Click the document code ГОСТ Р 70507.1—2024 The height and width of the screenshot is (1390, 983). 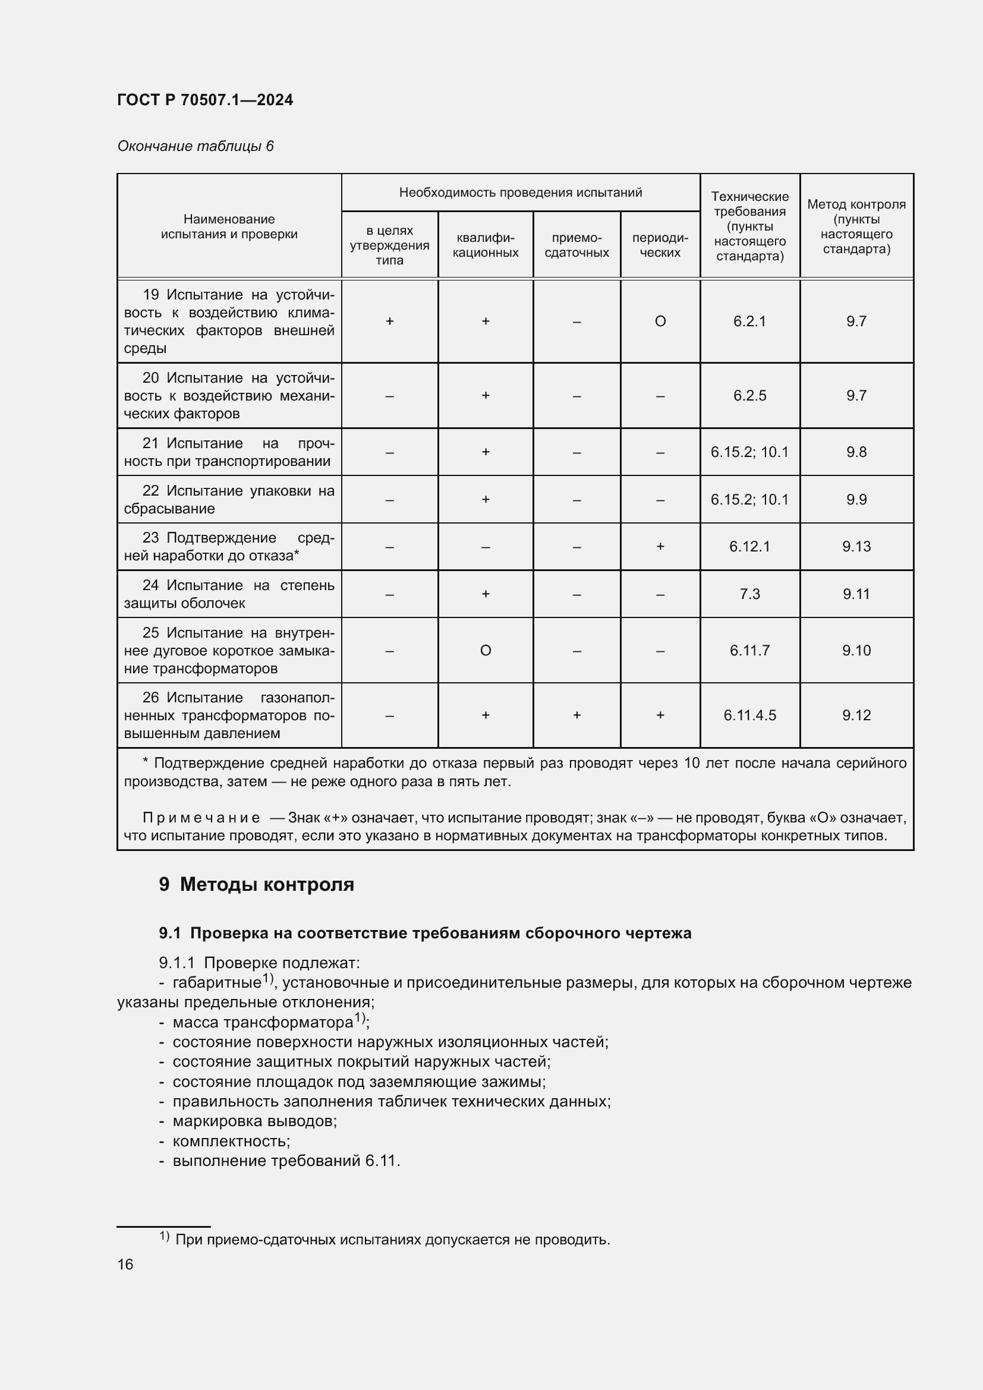pos(204,100)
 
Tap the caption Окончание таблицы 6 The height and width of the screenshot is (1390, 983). pos(195,146)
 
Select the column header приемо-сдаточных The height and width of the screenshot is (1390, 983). pos(576,245)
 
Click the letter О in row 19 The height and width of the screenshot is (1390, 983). pos(660,321)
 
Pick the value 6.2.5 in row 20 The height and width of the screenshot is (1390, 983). pos(749,395)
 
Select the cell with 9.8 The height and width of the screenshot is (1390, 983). pos(856,452)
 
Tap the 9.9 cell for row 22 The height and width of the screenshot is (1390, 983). pos(856,499)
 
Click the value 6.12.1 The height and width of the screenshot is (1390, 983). pos(749,546)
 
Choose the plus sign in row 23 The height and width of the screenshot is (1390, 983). pos(660,546)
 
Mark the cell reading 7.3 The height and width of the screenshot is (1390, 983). pos(749,594)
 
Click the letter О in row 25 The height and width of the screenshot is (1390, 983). pos(485,650)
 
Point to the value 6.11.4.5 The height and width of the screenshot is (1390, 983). pos(749,715)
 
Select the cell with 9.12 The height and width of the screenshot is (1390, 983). pos(856,715)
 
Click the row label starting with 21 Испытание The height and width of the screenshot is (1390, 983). pos(229,452)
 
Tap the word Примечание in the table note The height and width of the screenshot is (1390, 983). pos(201,818)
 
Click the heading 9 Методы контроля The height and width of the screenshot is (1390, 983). pos(257,884)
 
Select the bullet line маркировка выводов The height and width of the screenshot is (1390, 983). pos(254,1121)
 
